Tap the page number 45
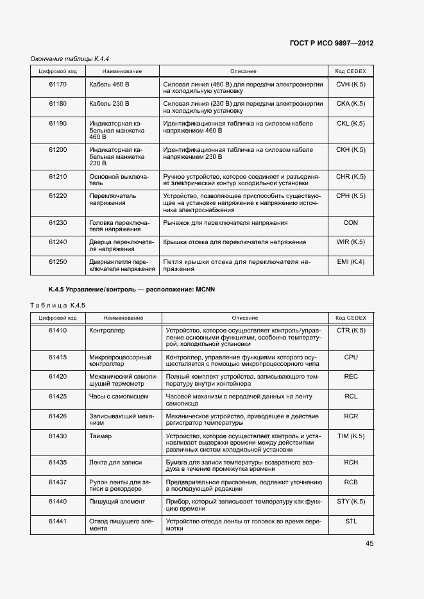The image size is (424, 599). tap(369, 543)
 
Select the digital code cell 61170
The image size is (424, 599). tap(58, 84)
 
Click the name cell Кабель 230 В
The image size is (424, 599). tap(110, 103)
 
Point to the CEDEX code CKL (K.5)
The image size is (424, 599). tap(350, 123)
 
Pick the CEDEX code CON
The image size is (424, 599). tap(351, 223)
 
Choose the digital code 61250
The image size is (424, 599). tap(58, 261)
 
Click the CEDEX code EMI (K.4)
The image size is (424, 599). tap(350, 261)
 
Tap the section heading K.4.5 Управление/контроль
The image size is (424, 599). tap(131, 290)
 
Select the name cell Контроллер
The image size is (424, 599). tap(107, 331)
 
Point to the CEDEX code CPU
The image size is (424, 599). tap(351, 357)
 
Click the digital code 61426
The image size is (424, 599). tap(58, 416)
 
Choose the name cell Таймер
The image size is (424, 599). tap(101, 436)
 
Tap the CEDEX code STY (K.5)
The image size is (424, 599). tap(351, 502)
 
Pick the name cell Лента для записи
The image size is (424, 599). tap(115, 463)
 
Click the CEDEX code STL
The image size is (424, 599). tap(351, 521)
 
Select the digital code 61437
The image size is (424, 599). tap(58, 482)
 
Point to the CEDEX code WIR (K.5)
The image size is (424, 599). tap(350, 242)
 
